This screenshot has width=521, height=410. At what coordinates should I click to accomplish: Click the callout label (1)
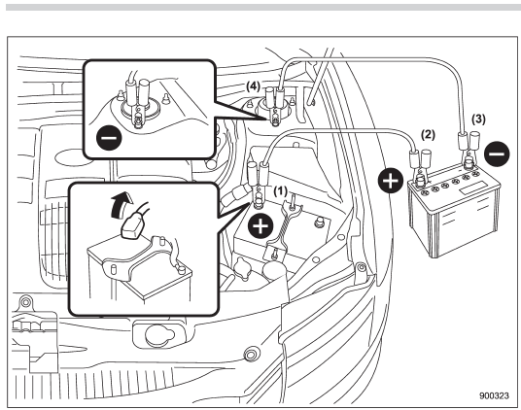[x=280, y=190]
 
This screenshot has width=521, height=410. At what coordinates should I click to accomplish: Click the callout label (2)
[x=428, y=135]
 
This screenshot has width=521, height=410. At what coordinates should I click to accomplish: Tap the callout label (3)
[x=478, y=120]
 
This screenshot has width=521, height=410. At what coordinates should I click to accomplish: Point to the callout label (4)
[x=253, y=86]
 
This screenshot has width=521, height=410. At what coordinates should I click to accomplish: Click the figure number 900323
[x=494, y=395]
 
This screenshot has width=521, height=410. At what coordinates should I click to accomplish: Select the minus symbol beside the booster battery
[x=497, y=154]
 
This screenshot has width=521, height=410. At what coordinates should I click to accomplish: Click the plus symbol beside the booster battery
[x=391, y=181]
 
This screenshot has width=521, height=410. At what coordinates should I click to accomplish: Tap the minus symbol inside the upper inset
[x=109, y=138]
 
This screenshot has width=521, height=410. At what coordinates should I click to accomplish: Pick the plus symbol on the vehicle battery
[x=260, y=226]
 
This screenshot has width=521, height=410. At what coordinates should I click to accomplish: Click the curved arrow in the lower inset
[x=121, y=206]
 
